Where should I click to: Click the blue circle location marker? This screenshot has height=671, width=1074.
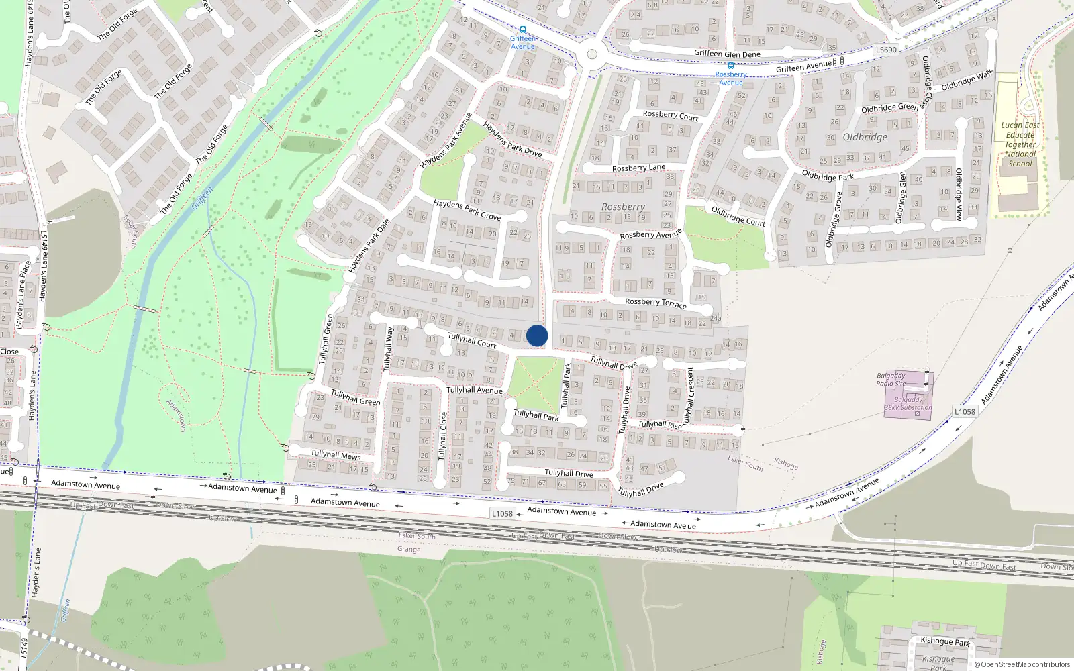537,335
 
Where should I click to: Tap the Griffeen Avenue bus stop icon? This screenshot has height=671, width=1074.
522,30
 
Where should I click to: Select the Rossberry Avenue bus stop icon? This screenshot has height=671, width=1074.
730,66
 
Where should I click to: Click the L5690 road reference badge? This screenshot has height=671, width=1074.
886,50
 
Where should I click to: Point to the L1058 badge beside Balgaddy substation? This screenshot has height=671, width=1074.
965,411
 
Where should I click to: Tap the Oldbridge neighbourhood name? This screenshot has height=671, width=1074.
865,137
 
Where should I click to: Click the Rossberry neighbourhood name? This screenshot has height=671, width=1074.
623,207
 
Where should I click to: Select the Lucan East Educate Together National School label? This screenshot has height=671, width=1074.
1020,144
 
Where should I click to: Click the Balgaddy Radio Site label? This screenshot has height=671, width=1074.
891,380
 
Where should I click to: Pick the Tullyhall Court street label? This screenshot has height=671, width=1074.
472,341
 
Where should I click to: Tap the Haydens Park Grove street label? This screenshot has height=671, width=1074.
467,209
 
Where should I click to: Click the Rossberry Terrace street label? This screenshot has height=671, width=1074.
655,303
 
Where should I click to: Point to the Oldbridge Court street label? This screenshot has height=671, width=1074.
738,216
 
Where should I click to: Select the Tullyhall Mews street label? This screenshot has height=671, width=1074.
336,455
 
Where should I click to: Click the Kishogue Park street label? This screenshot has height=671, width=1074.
944,641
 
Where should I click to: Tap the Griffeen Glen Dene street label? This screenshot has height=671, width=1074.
727,54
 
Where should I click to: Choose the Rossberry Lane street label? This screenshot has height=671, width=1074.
638,168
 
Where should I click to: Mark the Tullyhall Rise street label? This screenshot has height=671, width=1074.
659,424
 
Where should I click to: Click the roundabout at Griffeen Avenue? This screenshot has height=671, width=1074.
591,54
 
